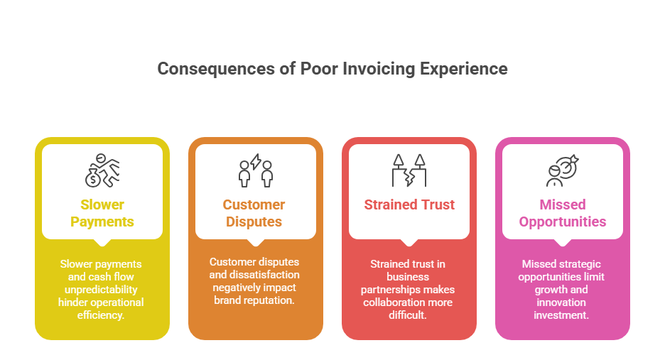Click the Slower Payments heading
click(102, 213)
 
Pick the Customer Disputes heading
click(254, 213)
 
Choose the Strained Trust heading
click(409, 205)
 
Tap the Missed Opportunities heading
click(563, 213)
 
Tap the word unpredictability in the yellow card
click(102, 289)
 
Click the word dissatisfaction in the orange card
click(254, 275)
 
